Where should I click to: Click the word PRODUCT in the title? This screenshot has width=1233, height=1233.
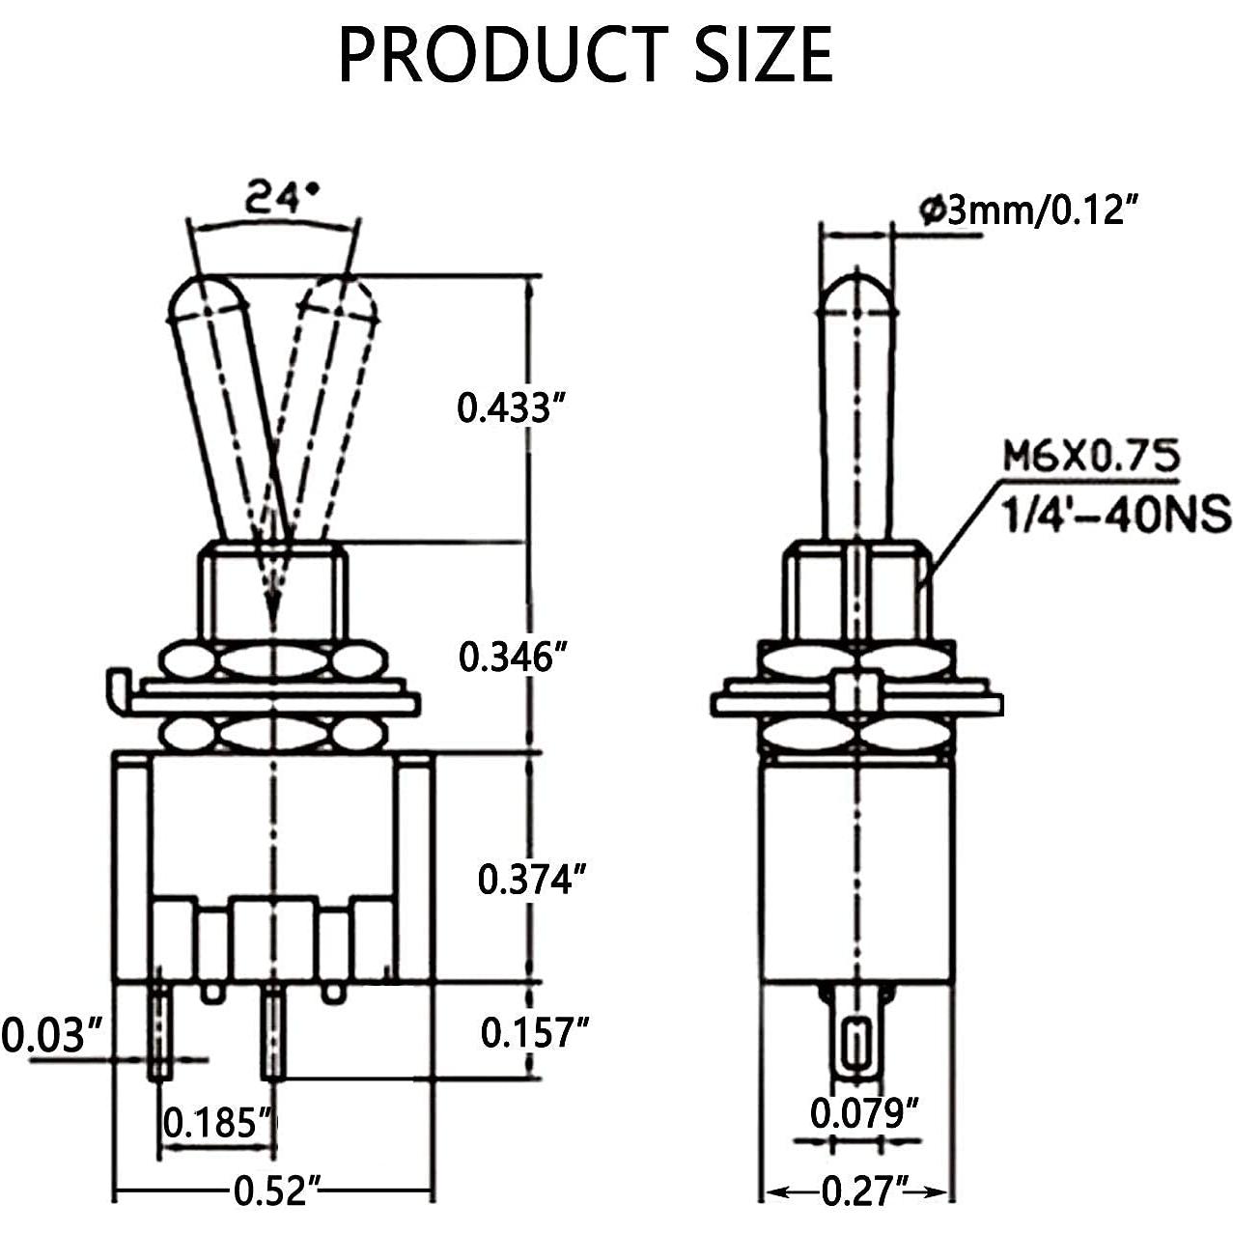coord(503,55)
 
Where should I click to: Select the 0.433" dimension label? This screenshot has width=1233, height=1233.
coord(510,407)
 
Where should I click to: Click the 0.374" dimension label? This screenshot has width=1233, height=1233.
coord(532,880)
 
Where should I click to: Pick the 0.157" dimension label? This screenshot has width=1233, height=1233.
coord(534,1032)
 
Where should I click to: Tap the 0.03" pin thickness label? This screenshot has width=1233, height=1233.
coord(51,1035)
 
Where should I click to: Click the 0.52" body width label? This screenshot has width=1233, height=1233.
coord(276,1191)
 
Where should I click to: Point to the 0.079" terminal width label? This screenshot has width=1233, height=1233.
coord(863,1112)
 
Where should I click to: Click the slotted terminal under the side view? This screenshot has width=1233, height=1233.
coord(855,1044)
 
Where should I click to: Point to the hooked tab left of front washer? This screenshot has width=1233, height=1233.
coord(116,688)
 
